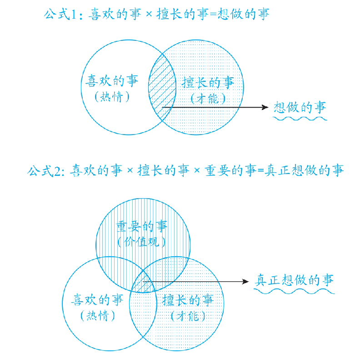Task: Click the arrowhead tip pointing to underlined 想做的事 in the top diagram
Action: point(268,107)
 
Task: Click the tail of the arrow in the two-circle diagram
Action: point(162,107)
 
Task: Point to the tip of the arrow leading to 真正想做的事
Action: point(249,282)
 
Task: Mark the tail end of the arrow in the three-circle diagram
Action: point(143,282)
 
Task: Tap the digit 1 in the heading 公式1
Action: point(74,15)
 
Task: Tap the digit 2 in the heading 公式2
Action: point(57,171)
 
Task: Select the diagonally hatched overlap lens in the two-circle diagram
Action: point(162,87)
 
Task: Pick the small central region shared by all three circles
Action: point(144,281)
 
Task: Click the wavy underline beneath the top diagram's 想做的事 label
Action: point(300,119)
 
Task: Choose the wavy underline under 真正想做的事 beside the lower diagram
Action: point(294,291)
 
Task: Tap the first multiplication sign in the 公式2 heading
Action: point(130,170)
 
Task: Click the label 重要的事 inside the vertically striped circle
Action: point(141,226)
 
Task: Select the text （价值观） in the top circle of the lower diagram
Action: point(141,242)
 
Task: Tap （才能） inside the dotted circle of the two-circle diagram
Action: point(208,99)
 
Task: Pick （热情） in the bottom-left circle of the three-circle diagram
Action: point(98,316)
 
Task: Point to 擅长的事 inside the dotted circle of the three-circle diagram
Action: point(188,300)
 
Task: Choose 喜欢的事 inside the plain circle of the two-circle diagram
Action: point(112,81)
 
